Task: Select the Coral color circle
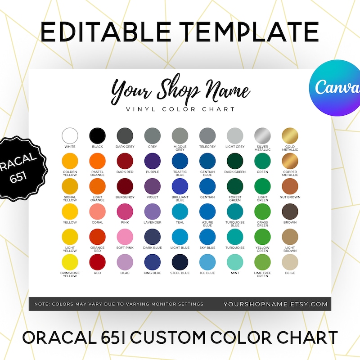tap(97, 211)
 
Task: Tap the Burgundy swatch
tap(125, 186)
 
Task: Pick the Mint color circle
tap(235, 262)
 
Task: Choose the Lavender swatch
tap(152, 211)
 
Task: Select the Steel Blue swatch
tap(180, 262)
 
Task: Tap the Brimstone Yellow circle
tap(70, 262)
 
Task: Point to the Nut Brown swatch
tap(290, 186)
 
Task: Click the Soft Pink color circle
tap(125, 237)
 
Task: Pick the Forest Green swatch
tap(235, 186)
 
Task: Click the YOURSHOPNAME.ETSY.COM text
tap(275, 304)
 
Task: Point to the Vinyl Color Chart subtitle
tap(180, 109)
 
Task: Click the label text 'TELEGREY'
tap(207, 147)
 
